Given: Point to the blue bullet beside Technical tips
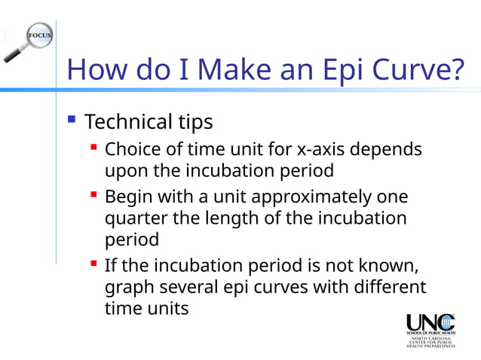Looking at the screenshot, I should [x=72, y=119].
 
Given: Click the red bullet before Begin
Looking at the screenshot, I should [x=93, y=195].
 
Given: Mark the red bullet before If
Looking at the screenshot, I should [x=93, y=264].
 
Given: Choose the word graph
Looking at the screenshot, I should [x=128, y=288].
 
